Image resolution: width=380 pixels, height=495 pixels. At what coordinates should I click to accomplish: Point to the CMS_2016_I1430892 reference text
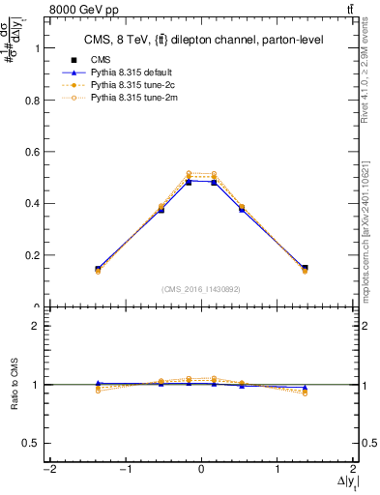(201, 288)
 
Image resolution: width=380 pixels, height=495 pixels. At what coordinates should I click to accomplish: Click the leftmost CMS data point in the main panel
(98, 269)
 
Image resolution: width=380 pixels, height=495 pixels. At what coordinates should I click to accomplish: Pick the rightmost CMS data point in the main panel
(305, 268)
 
